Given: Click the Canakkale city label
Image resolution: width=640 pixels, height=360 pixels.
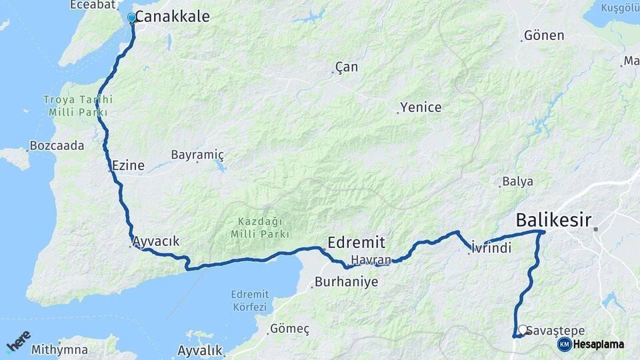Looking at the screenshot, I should point(172,17).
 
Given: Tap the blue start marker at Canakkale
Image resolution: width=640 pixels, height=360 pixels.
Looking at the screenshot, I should point(132,18).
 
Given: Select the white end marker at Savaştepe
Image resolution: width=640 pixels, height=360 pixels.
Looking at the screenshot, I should point(523,329).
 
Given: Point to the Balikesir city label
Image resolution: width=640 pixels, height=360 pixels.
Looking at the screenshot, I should point(553,220).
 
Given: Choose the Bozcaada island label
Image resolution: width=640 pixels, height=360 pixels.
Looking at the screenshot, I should point(57,145).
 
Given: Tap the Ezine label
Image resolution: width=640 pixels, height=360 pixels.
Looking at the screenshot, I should point(128,165).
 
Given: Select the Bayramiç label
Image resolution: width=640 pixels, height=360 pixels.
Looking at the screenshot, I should point(197,155).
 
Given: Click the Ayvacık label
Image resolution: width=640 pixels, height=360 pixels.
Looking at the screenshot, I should point(156,241).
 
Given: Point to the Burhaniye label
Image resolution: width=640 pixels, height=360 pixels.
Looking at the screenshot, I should point(346,281).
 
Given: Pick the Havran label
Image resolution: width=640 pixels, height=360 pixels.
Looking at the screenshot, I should point(371,259).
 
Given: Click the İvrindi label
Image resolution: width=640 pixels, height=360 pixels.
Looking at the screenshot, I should point(491,247).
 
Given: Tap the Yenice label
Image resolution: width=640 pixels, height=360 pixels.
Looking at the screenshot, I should point(421,107).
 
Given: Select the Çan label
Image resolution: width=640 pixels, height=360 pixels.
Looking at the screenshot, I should point(347,67).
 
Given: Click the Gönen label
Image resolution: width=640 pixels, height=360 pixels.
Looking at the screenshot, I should point(544,35).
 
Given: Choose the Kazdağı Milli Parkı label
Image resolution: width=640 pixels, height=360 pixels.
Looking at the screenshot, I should point(260,228).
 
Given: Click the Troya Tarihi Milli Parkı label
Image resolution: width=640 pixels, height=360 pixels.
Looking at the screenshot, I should point(78,106).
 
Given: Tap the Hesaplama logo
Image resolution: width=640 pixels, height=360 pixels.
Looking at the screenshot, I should point(591,344).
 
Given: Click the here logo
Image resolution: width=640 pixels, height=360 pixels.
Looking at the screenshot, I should point(19,341).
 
